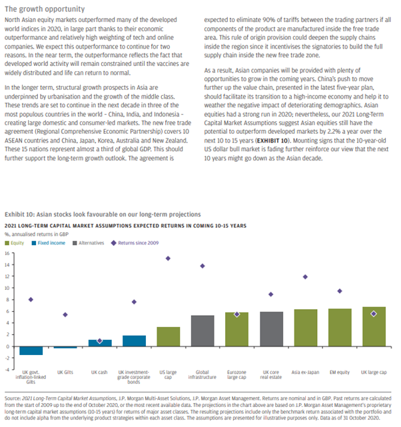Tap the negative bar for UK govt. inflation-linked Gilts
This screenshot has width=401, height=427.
[31, 350]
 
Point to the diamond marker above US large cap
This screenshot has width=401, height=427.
[169, 258]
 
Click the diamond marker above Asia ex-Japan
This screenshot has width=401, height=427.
[305, 276]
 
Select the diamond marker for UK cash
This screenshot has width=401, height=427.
[99, 340]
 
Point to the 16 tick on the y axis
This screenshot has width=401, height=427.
[7, 253]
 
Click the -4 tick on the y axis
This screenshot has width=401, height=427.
[7, 370]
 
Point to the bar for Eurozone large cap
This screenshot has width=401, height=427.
[236, 329]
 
